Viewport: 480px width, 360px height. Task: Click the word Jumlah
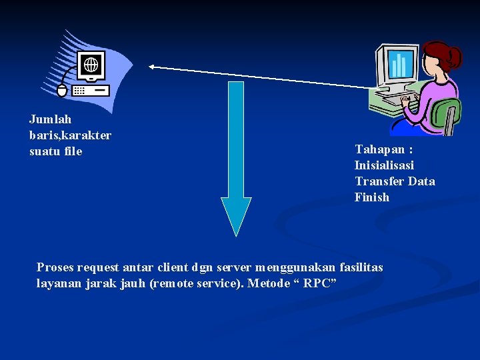[x=50, y=119]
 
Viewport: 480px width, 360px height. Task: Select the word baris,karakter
[x=70, y=135]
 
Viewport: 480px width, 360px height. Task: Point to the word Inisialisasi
[x=384, y=165]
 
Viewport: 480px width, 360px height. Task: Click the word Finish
[x=371, y=197]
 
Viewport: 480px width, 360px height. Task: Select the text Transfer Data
[x=395, y=181]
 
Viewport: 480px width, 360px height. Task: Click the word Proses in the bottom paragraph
[x=55, y=267]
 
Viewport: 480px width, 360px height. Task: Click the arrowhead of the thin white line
[x=151, y=67]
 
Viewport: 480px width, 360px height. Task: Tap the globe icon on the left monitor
[x=91, y=65]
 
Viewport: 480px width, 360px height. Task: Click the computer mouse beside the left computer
[x=62, y=91]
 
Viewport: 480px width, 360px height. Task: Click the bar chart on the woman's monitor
[x=398, y=65]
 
